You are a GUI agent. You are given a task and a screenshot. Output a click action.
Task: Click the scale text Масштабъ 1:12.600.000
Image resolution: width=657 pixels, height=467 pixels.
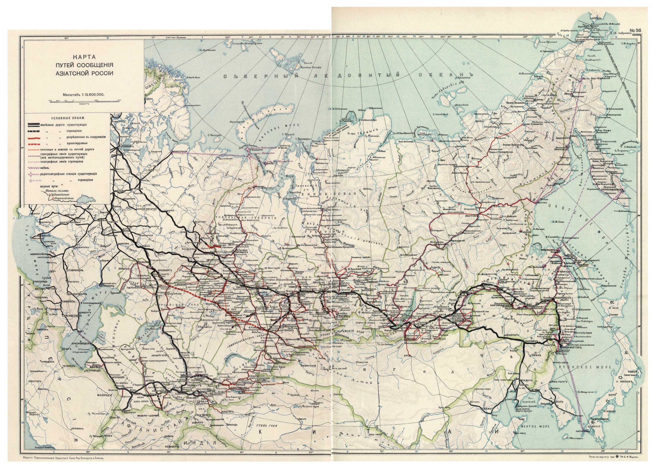(x=84, y=94)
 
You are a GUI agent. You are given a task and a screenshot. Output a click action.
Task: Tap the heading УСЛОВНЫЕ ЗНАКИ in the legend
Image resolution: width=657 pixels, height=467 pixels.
(x=68, y=118)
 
